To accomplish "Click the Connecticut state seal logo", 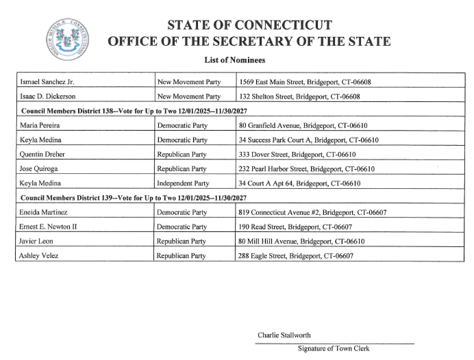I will (67, 38).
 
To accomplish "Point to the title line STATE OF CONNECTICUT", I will (249, 25).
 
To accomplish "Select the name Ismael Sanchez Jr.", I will (47, 82).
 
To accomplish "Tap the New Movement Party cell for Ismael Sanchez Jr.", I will (189, 82).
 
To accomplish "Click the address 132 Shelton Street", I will (305, 97).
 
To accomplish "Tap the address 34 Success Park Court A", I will (309, 140).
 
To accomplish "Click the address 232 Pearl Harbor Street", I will (307, 169).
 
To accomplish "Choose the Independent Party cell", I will (184, 183).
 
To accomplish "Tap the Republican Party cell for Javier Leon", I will (182, 242).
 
